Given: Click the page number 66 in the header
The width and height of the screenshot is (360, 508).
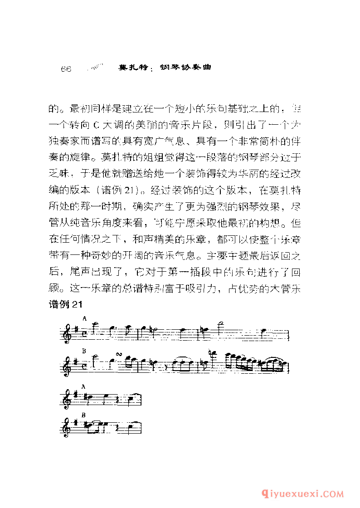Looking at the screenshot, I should click(x=67, y=68).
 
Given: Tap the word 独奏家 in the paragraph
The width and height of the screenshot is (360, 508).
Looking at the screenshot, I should click(x=65, y=141).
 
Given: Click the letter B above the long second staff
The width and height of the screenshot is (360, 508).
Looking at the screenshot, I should click(x=84, y=351).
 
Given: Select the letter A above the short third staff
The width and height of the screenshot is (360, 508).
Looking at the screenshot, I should click(x=84, y=386).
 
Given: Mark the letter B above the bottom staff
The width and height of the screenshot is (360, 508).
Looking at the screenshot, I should click(x=84, y=415).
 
